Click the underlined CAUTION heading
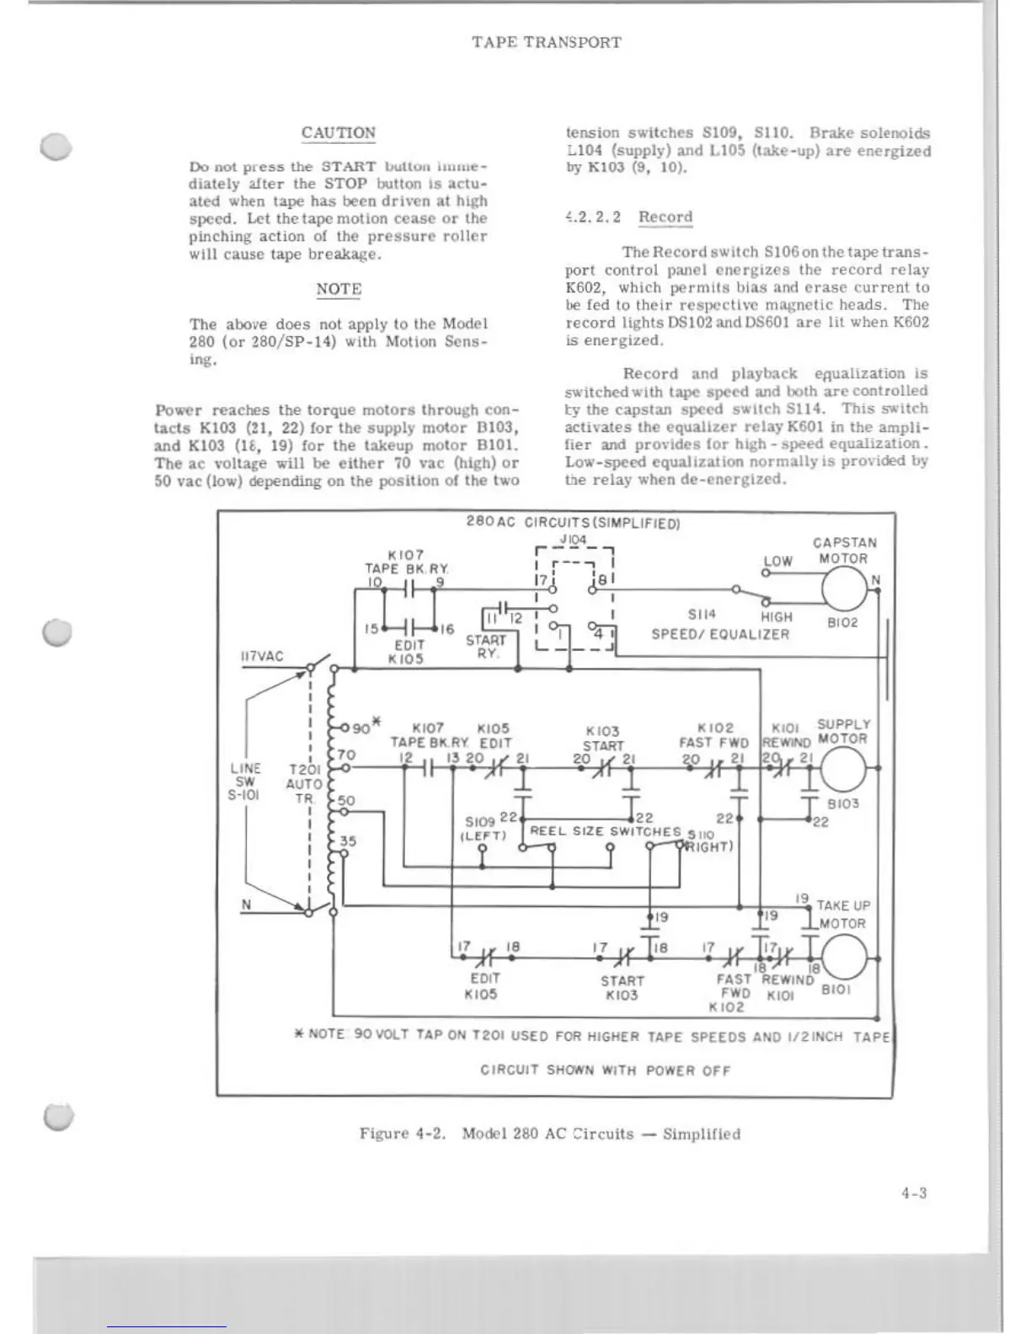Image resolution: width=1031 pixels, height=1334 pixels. click(x=339, y=133)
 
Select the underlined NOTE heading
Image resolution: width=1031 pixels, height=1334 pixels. click(x=339, y=289)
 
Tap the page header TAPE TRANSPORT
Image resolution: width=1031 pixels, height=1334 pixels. click(x=547, y=42)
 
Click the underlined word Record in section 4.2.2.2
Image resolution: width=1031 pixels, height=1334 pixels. click(x=665, y=217)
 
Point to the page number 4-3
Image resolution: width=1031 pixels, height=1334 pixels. click(x=913, y=1193)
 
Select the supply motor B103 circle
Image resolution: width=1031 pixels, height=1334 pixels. click(x=843, y=768)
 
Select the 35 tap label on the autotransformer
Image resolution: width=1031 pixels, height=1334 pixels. click(x=348, y=840)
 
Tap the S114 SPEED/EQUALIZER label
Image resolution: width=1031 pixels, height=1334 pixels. click(x=720, y=625)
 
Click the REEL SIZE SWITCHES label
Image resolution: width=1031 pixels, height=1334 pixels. click(x=605, y=831)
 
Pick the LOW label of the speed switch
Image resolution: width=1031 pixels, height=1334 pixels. click(x=777, y=561)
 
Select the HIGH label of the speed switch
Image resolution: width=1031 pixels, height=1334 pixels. click(x=777, y=617)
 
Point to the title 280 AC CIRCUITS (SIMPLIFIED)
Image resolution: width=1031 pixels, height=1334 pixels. click(x=573, y=523)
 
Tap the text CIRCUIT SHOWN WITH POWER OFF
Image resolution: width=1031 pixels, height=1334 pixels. click(x=605, y=1070)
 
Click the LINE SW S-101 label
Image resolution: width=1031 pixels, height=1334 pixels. click(x=245, y=781)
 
